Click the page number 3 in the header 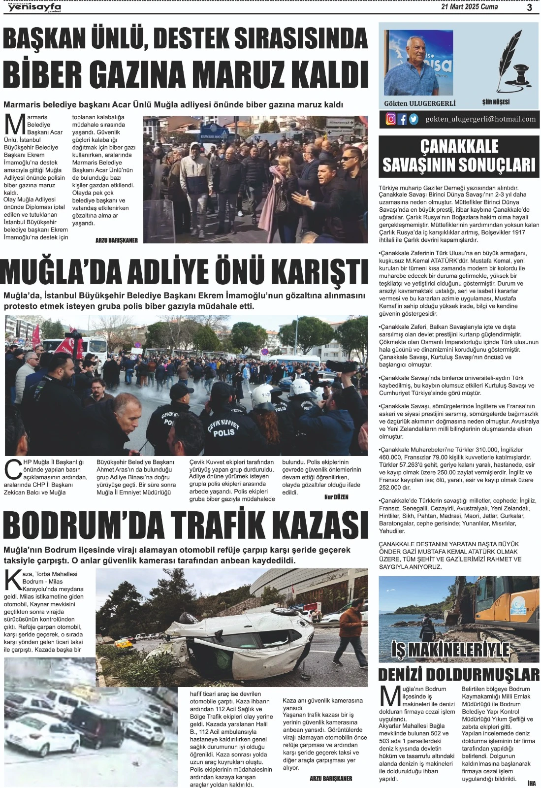point(529,7)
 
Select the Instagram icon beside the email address point(391,119)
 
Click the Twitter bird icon point(414,119)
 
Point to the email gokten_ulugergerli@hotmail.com point(480,119)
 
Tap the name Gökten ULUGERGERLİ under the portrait point(419,103)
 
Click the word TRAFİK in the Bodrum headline point(231,525)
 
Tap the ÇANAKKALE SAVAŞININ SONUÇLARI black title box point(459,156)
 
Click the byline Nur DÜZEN point(336,497)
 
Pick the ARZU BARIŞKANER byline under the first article point(117,240)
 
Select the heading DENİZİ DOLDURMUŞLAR point(459,674)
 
